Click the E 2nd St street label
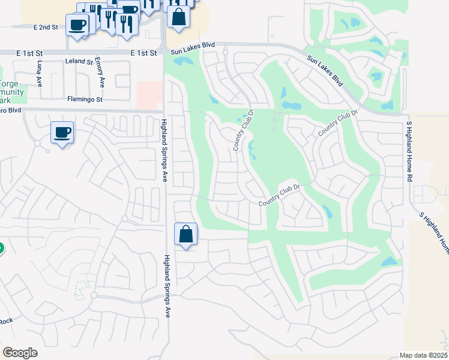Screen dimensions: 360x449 tap(46, 28)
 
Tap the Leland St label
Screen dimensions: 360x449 tap(81, 61)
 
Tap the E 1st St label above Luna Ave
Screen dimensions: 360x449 tap(28, 53)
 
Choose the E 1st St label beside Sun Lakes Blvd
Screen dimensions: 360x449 tap(145, 53)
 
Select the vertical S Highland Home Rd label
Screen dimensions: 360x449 tap(409, 151)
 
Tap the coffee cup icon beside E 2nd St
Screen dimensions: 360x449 tap(77, 25)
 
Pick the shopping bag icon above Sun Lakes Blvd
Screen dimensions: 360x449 tap(178, 16)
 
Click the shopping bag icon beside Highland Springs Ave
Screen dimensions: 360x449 tap(186, 233)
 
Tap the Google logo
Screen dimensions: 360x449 tap(20, 353)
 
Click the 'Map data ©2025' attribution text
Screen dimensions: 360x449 tap(423, 355)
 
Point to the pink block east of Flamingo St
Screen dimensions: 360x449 tap(149, 95)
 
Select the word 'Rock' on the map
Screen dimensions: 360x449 tap(5, 320)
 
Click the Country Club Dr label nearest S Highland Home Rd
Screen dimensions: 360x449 tap(338, 122)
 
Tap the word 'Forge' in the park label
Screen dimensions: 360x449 tap(10, 83)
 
